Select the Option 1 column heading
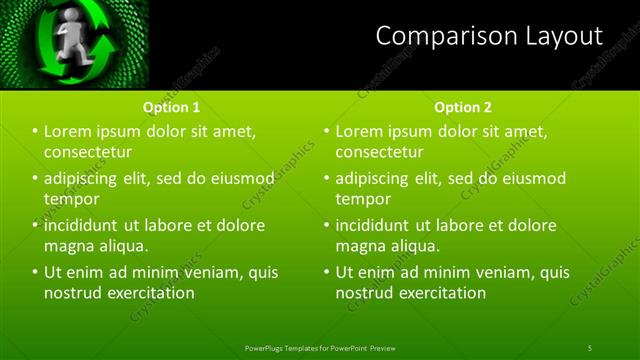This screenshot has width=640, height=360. pyautogui.click(x=171, y=107)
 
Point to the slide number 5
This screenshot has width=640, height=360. pyautogui.click(x=590, y=347)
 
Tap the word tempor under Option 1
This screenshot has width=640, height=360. pyautogui.click(x=69, y=199)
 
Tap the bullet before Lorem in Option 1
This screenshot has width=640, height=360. pyautogui.click(x=35, y=132)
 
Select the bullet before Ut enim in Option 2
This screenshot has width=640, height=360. pyautogui.click(x=326, y=272)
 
